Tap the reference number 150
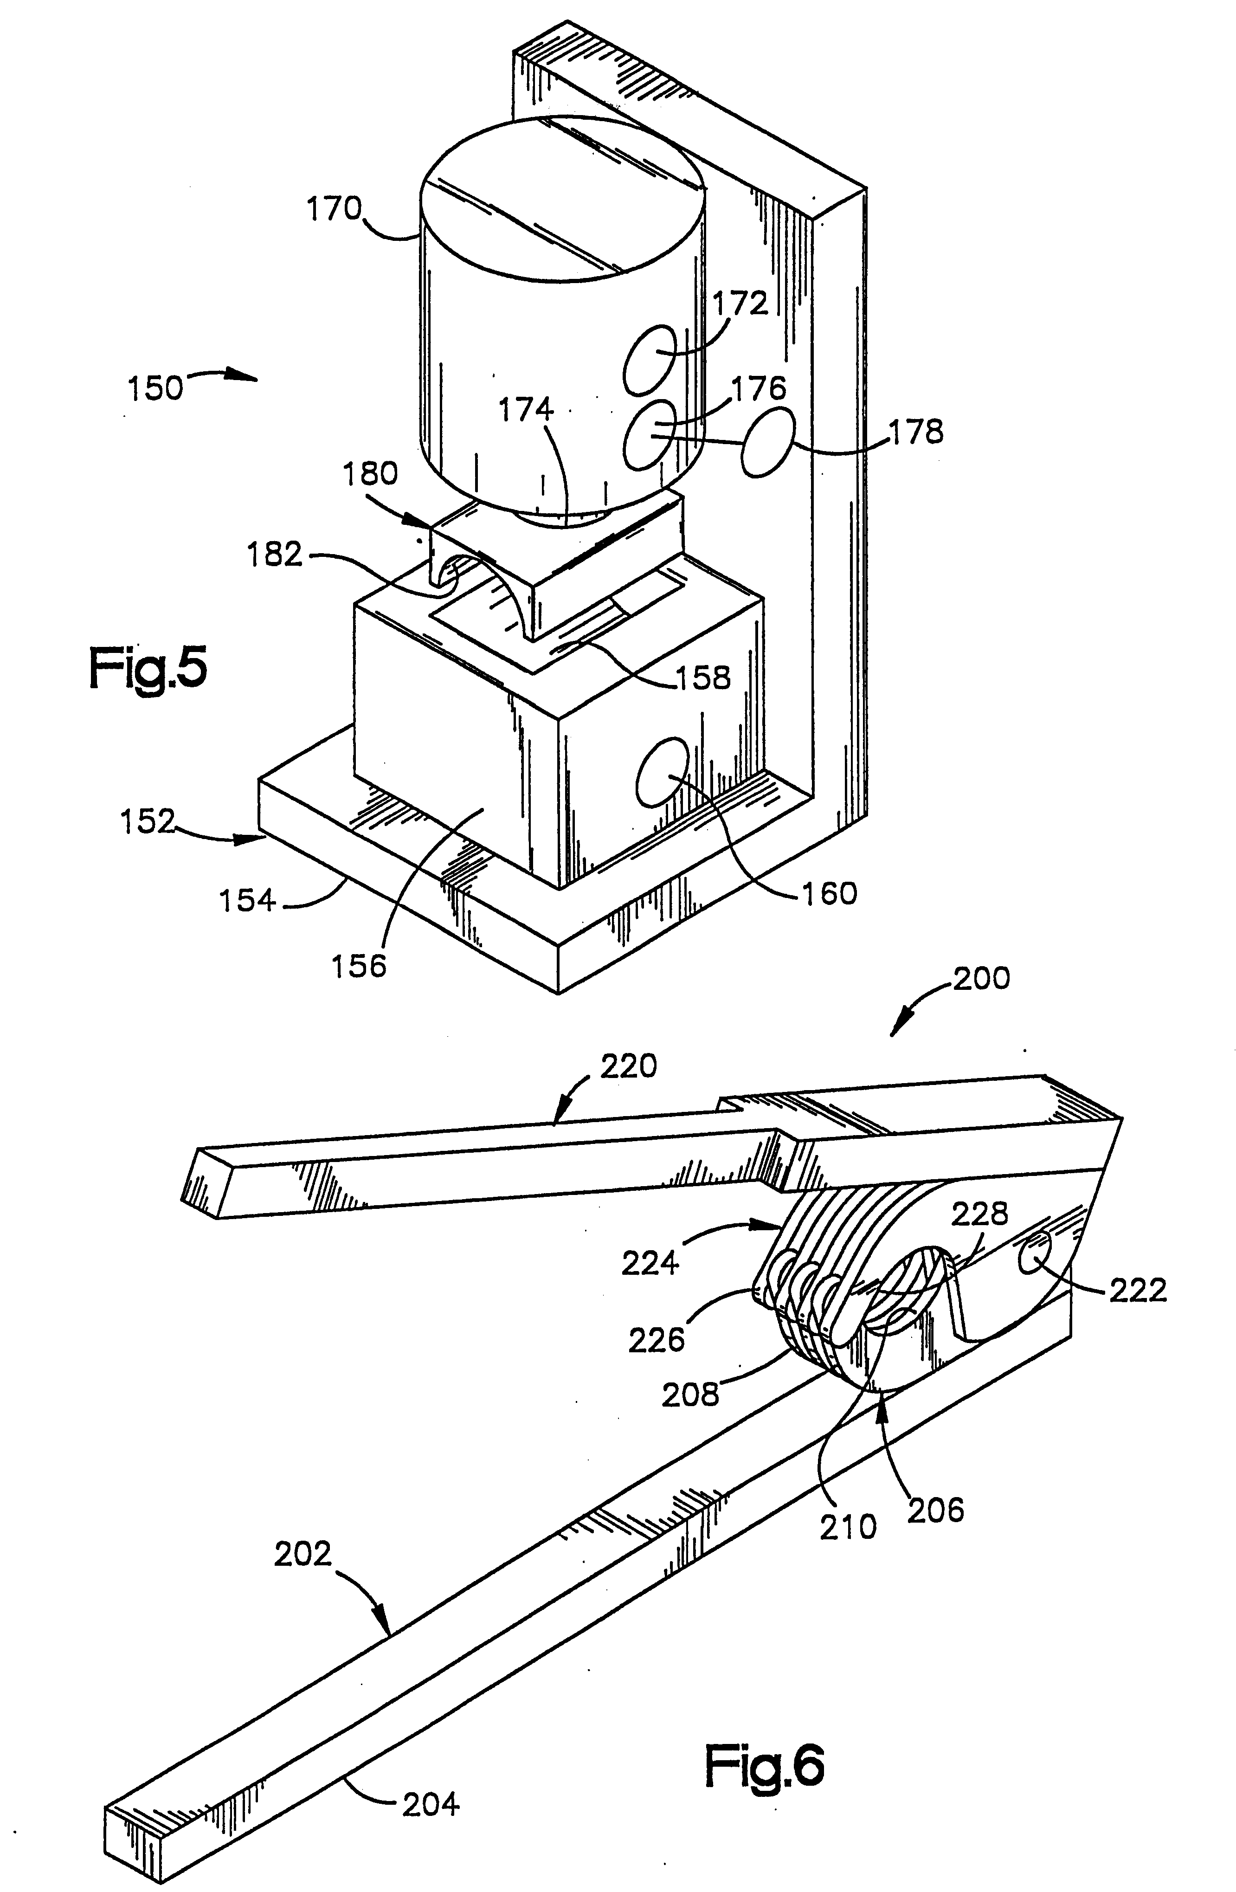[x=155, y=389]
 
